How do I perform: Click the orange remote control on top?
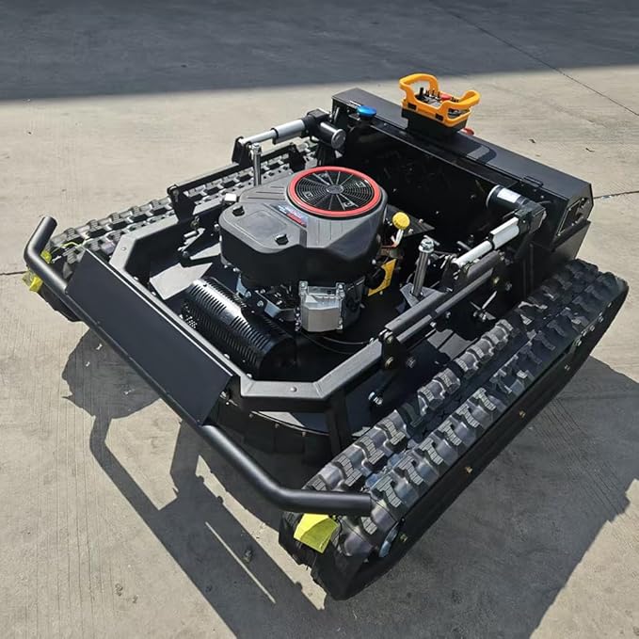(438, 98)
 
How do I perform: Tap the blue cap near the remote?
(366, 112)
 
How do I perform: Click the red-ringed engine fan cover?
(335, 191)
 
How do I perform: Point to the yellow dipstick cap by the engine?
(401, 220)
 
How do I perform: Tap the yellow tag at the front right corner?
(315, 531)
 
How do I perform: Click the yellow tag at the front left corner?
(34, 280)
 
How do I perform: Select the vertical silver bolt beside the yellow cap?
(424, 264)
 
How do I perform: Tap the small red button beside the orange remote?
(468, 131)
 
